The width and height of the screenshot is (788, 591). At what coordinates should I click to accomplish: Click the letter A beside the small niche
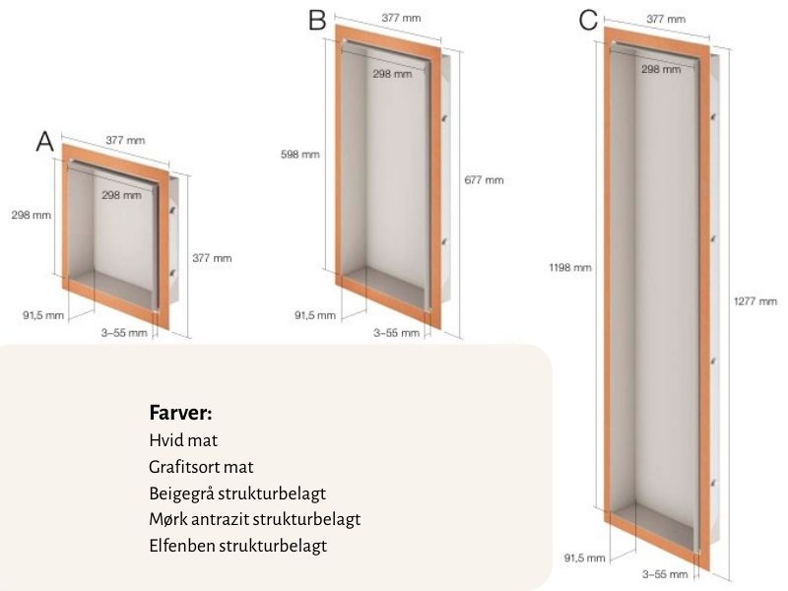pyautogui.click(x=44, y=141)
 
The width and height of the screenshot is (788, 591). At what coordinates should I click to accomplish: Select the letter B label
pyautogui.click(x=317, y=21)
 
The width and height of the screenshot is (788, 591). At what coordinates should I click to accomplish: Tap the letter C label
pyautogui.click(x=588, y=21)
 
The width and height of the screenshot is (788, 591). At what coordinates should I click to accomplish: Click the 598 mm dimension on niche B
pyautogui.click(x=300, y=155)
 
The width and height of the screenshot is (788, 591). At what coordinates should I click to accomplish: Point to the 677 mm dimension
pyautogui.click(x=484, y=180)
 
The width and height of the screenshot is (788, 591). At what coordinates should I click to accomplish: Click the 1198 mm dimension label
pyautogui.click(x=570, y=267)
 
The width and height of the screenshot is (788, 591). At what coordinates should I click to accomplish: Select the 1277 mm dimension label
pyautogui.click(x=755, y=301)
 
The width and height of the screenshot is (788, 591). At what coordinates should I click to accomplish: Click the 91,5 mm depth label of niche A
pyautogui.click(x=43, y=315)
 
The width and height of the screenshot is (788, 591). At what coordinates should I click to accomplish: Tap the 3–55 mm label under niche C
pyautogui.click(x=665, y=574)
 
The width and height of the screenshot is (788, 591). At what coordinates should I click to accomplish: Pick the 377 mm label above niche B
pyautogui.click(x=401, y=18)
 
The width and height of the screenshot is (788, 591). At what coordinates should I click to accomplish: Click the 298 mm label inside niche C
pyautogui.click(x=661, y=69)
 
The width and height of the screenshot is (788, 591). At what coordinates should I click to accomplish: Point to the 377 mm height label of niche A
pyautogui.click(x=212, y=258)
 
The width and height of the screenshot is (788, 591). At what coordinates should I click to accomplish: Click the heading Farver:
pyautogui.click(x=181, y=413)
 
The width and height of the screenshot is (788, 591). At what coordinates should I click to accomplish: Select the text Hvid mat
pyautogui.click(x=183, y=440)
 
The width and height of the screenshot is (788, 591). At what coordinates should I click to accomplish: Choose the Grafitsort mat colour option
pyautogui.click(x=201, y=467)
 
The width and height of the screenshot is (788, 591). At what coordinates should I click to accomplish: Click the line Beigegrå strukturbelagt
pyautogui.click(x=237, y=493)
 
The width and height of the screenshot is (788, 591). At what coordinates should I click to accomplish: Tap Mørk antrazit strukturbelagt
pyautogui.click(x=255, y=519)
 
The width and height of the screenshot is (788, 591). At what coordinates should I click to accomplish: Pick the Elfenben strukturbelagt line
pyautogui.click(x=237, y=546)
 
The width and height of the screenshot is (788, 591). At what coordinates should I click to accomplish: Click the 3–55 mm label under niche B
pyautogui.click(x=396, y=333)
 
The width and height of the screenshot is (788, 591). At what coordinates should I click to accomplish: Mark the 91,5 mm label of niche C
pyautogui.click(x=584, y=558)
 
